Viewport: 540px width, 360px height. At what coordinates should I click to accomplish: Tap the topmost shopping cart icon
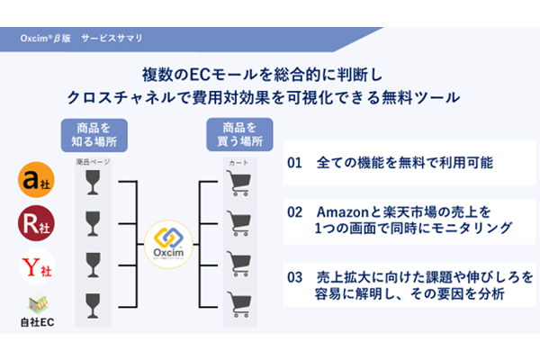pos(238,184)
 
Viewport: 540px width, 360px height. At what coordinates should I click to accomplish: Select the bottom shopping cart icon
pos(238,302)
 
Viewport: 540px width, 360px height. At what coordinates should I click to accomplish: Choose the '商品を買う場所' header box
pos(238,135)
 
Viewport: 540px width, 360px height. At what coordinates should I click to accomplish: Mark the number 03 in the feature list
pos(296,274)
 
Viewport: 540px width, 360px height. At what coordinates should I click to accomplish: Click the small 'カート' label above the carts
pos(238,162)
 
